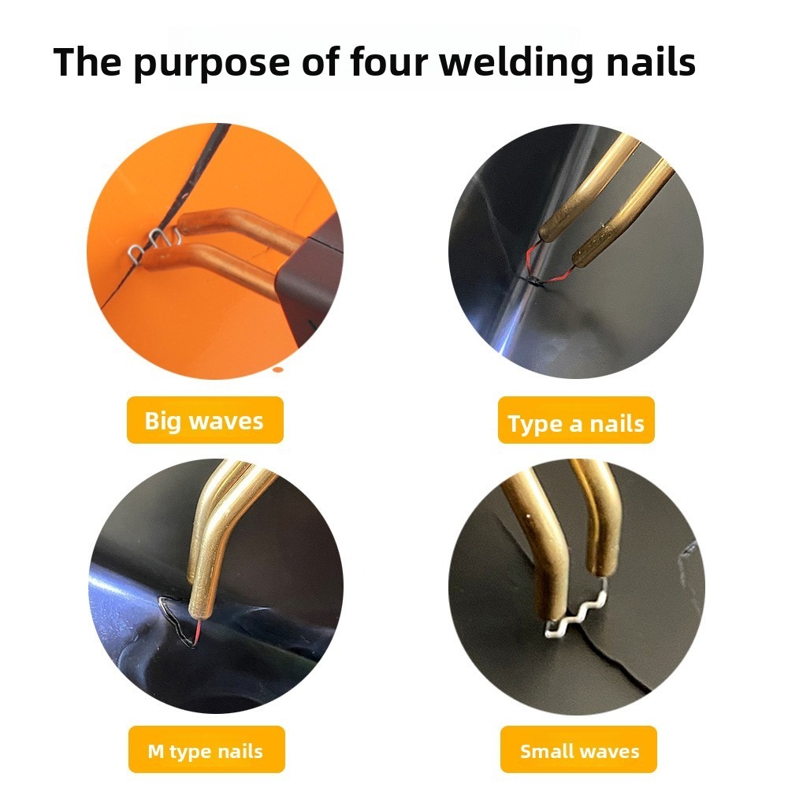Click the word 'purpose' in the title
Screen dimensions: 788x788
coord(212,63)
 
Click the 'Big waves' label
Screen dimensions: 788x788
coord(205,420)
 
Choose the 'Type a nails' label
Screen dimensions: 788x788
coord(576,420)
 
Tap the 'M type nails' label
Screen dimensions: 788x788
coord(206,749)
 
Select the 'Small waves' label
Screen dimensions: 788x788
coord(578,749)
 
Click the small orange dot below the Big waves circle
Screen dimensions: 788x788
coord(277,370)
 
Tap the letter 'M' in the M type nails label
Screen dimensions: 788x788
coord(156,751)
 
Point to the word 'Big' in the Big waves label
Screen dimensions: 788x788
coord(162,421)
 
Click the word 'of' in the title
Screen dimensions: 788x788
coord(320,61)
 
